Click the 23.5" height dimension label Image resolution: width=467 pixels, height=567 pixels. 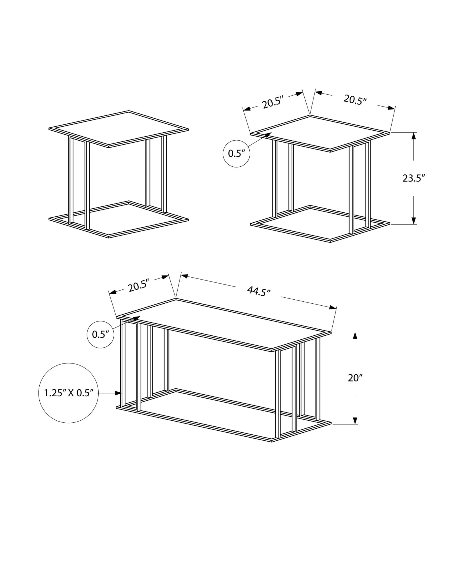click(414, 178)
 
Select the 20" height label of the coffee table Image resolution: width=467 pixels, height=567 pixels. click(355, 378)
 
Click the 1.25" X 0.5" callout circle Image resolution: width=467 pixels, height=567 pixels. click(68, 393)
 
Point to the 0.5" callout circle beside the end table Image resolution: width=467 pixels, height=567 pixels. click(236, 154)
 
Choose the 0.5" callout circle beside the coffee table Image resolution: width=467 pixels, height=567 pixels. click(100, 335)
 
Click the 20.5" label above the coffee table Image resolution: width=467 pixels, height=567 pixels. click(139, 287)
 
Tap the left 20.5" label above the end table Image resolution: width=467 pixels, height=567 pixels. click(273, 102)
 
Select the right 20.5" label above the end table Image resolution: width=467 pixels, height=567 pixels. click(355, 100)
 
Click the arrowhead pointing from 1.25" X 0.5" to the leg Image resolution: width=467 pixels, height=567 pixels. click(119, 393)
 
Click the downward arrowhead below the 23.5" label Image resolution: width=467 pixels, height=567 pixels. click(414, 220)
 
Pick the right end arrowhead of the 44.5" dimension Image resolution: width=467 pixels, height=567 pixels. click(333, 308)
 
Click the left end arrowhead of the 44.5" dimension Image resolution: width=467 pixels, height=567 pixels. click(184, 275)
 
